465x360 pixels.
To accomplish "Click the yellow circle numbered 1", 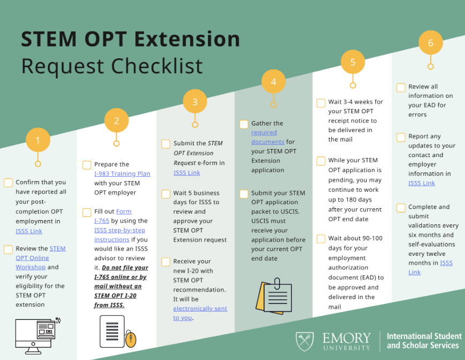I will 37,141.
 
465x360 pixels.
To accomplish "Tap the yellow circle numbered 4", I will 273,82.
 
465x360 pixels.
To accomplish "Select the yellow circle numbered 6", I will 430,43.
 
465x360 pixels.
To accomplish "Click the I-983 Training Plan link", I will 122,174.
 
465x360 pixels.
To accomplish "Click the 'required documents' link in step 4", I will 267,137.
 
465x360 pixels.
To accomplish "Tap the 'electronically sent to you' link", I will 199,313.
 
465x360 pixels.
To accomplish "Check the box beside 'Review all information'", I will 401,87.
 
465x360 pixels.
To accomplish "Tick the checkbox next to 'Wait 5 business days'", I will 166,193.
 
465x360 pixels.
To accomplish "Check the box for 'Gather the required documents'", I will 244,124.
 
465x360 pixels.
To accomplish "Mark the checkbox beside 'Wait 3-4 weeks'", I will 321,103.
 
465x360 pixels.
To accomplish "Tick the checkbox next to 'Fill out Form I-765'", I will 87,212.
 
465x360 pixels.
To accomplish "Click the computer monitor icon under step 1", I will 36,334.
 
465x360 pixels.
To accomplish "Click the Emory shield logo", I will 305,341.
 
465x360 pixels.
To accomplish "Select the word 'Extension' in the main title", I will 188,40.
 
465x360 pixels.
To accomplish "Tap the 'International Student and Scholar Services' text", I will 423,341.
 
